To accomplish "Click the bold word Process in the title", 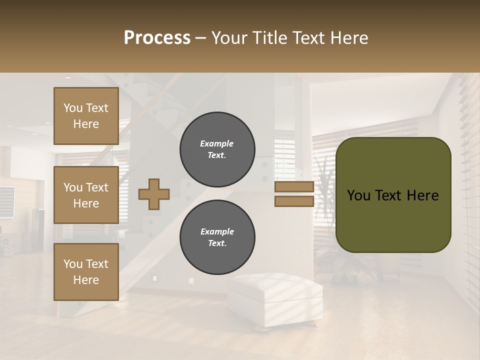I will coord(157,38).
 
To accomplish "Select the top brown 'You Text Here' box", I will coord(86,116).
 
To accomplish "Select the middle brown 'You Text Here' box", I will coord(86,195).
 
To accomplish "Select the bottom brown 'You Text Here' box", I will coord(86,271).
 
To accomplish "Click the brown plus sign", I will coord(154,194).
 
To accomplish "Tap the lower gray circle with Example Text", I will coord(217,237).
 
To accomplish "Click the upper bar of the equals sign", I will coord(294,187).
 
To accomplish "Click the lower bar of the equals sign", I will coord(294,201).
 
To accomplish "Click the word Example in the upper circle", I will coord(216,143).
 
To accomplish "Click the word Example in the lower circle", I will coord(217,231).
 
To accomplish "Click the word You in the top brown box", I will coord(73,108).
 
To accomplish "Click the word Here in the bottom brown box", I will coord(86,280).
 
